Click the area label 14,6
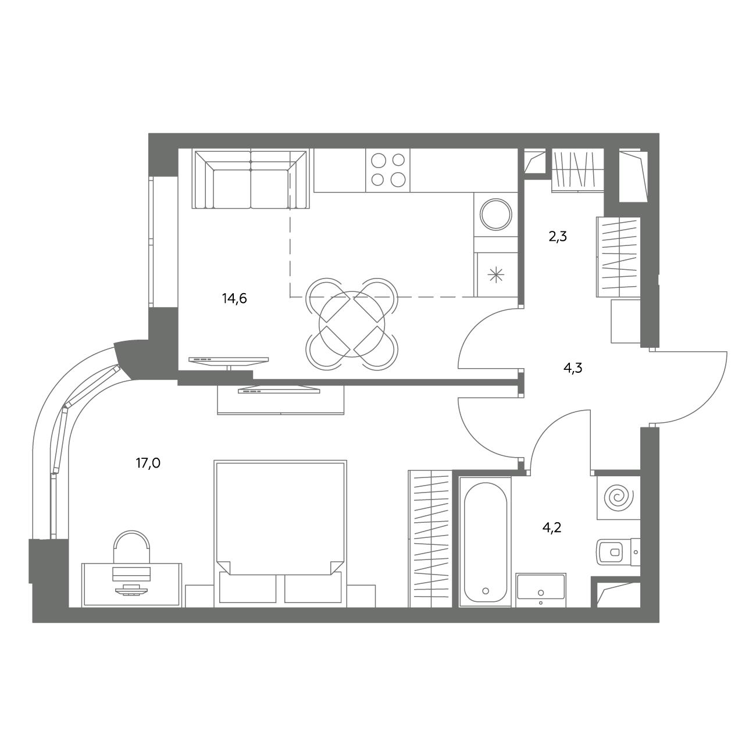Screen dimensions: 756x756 point(234,298)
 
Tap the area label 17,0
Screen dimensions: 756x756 point(148,463)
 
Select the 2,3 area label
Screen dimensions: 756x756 point(558,237)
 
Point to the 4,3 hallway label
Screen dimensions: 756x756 point(573,368)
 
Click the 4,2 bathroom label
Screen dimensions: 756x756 point(552,527)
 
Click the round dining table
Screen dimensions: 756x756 point(352,324)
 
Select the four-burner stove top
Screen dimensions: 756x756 point(388,170)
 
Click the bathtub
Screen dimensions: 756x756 point(486,542)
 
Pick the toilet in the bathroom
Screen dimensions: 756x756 point(618,552)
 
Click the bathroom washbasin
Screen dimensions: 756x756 point(541,590)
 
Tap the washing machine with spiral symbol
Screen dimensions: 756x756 point(619,498)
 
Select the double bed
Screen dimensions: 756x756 point(280,533)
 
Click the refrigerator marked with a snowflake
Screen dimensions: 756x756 point(496,274)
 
